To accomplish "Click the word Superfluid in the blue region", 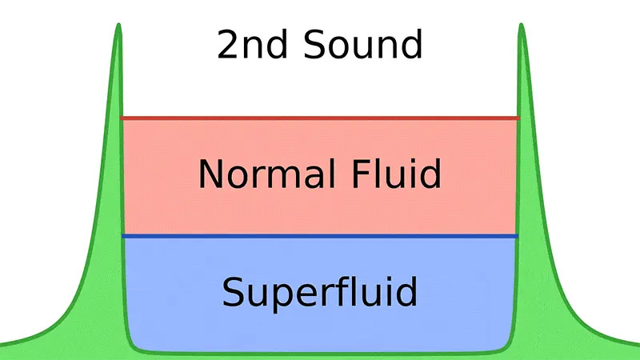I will tap(320, 292).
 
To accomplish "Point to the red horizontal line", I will tap(320, 118).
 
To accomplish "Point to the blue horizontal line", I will tap(320, 236).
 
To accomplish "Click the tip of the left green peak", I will tap(118, 26).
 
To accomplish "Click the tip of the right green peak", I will tap(522, 26).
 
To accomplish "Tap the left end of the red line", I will tap(122, 118).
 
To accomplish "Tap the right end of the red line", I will tap(518, 118).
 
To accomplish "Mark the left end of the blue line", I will tap(124, 236).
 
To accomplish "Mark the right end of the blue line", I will tap(517, 236).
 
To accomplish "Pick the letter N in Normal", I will tap(210, 174).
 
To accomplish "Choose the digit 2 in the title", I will tap(229, 45).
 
